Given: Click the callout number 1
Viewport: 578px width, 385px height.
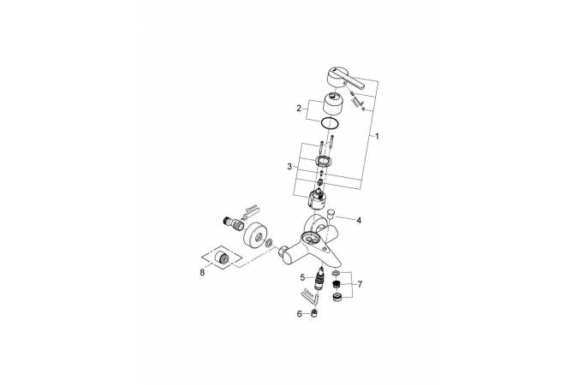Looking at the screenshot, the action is click(377, 136).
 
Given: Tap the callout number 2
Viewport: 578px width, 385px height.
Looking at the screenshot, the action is click(299, 108).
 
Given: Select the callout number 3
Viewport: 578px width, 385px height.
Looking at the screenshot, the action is click(289, 167).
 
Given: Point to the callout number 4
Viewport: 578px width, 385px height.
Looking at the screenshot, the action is click(359, 221).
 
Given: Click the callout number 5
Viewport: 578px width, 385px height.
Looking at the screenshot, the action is click(302, 277).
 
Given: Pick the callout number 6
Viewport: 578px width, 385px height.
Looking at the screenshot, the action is click(300, 313).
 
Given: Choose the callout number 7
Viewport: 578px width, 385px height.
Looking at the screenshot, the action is click(360, 284).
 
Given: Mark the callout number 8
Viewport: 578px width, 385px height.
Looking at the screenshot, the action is click(202, 273).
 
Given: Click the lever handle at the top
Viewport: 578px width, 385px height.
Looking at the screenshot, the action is click(345, 79).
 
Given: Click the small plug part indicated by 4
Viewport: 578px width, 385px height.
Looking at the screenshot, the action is click(331, 214).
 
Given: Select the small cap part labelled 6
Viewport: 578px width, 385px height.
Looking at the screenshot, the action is click(314, 313).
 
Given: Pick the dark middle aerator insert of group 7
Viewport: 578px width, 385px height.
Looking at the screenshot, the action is click(336, 284).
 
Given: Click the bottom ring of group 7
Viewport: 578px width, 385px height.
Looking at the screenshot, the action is click(337, 297).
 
